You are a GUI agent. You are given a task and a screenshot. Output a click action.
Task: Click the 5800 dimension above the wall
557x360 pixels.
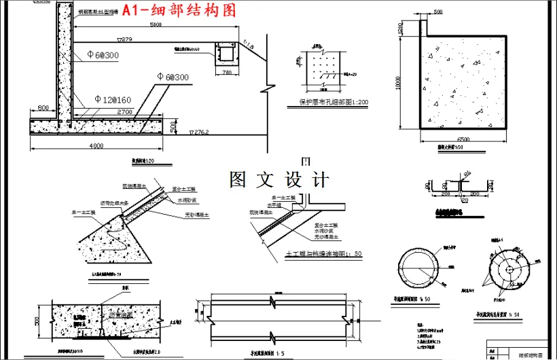coord(156,25)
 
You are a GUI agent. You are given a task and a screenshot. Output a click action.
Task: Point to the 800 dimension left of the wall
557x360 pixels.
coord(43,108)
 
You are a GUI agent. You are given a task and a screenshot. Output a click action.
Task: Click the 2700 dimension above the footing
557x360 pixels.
coord(124,111)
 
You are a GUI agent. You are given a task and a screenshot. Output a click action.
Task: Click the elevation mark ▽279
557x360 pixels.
coord(124,40)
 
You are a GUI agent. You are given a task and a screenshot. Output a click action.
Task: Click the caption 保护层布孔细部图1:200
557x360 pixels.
coord(334,103)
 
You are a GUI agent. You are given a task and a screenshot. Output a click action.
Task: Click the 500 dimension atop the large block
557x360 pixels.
coord(437,12)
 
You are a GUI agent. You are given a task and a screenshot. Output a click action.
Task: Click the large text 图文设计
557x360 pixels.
coord(279,180)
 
